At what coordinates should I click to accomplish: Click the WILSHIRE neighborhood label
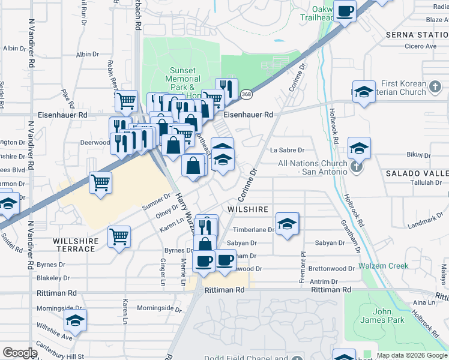(x=247, y=209)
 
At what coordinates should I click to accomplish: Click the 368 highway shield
(x=247, y=95)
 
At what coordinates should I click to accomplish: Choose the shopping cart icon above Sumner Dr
(x=100, y=182)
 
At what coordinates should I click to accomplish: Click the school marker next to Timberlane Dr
(x=287, y=224)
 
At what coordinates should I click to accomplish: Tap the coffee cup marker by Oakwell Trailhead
(x=345, y=11)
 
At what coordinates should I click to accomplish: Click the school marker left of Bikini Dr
(x=359, y=148)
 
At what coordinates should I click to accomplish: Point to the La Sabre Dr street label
(x=288, y=150)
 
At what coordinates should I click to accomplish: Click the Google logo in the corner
(x=20, y=353)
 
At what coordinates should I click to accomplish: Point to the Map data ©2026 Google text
(x=411, y=355)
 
